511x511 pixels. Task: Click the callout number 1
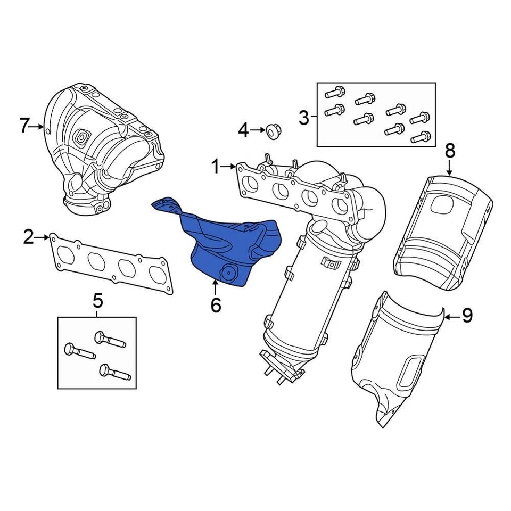[x=216, y=168]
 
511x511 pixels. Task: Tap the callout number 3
[x=303, y=118]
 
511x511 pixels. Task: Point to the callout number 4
[x=243, y=129]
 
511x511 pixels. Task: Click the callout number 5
[x=97, y=301]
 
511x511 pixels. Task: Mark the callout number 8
[x=450, y=151]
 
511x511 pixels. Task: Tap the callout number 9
[x=467, y=316]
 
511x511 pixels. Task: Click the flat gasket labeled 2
[x=112, y=263]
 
